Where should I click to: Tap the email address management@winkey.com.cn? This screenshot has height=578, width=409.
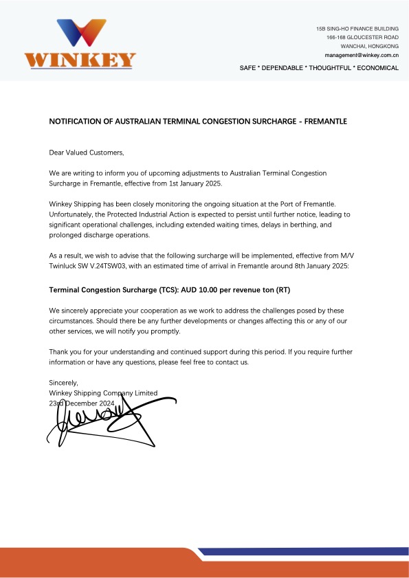pyautogui.click(x=362, y=54)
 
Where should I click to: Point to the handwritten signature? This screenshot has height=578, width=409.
pyautogui.click(x=110, y=419)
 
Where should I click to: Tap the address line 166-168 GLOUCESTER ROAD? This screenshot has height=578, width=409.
pyautogui.click(x=363, y=37)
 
